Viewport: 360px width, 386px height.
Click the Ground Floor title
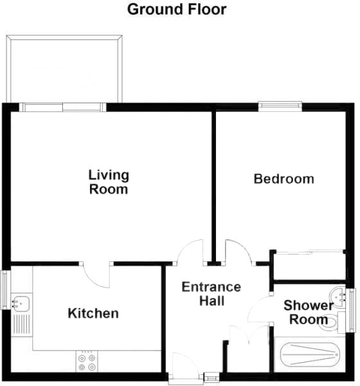tap(177, 10)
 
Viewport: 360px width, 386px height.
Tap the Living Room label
tap(109, 182)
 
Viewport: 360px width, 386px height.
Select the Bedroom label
tap(283, 179)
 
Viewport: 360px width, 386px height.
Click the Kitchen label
tap(94, 313)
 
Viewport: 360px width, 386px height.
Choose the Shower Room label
tap(309, 312)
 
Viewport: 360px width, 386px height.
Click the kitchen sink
tap(22, 300)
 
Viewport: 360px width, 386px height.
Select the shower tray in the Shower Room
tap(309, 356)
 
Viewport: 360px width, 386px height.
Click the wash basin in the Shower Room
tap(339, 296)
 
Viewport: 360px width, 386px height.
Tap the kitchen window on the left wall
tap(4, 289)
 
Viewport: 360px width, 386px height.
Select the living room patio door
tap(62, 107)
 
